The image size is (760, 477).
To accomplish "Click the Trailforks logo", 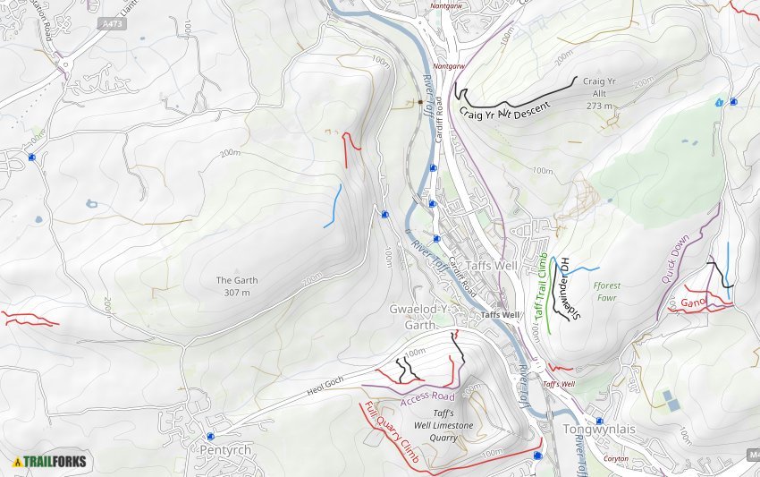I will [49, 462].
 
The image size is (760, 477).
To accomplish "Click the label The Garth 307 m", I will [237, 286].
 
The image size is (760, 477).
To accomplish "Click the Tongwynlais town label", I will [599, 430].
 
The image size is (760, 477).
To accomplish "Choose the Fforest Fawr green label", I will [606, 291].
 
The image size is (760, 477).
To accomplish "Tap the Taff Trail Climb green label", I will [540, 285].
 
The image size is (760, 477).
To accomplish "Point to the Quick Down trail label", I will [676, 260].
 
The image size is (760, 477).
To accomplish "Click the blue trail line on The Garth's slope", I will [333, 206].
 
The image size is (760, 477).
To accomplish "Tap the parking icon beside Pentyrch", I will [210, 437].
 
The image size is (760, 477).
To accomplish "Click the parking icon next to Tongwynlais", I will [598, 421].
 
